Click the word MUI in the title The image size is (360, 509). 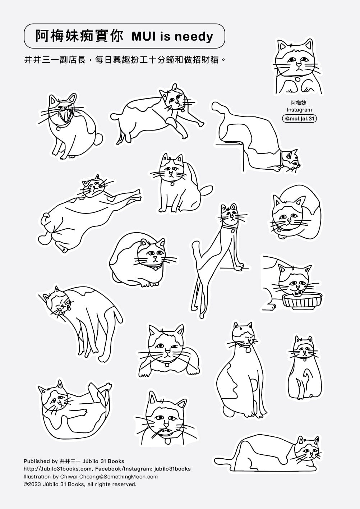pos(144,36)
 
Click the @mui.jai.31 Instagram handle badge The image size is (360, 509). pos(299,119)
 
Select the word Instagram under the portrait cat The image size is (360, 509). pos(299,110)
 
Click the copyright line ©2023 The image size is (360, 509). pos(80,484)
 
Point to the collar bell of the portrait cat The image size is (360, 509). pos(297,79)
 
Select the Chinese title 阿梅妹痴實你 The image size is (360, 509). pos(79,36)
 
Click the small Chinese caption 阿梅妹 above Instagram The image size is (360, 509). pos(299,103)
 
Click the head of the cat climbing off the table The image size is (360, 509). pos(291,160)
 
